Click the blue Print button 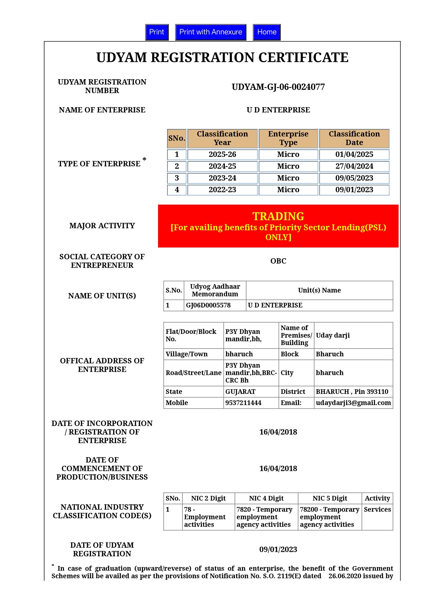[156, 32]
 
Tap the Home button [266, 32]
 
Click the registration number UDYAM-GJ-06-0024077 [278, 87]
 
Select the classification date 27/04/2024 [354, 166]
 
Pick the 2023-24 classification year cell [222, 178]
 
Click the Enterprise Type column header [288, 138]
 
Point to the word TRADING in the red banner [278, 216]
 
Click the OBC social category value [278, 261]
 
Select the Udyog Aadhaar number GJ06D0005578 [208, 305]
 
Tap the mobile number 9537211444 [243, 403]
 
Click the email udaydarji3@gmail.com [353, 403]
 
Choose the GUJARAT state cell [240, 392]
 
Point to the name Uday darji [333, 335]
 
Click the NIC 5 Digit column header [329, 498]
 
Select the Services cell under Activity [377, 509]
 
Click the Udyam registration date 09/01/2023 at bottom [278, 549]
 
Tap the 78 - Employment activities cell [205, 517]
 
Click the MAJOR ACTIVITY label [102, 226]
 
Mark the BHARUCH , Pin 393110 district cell [352, 392]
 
